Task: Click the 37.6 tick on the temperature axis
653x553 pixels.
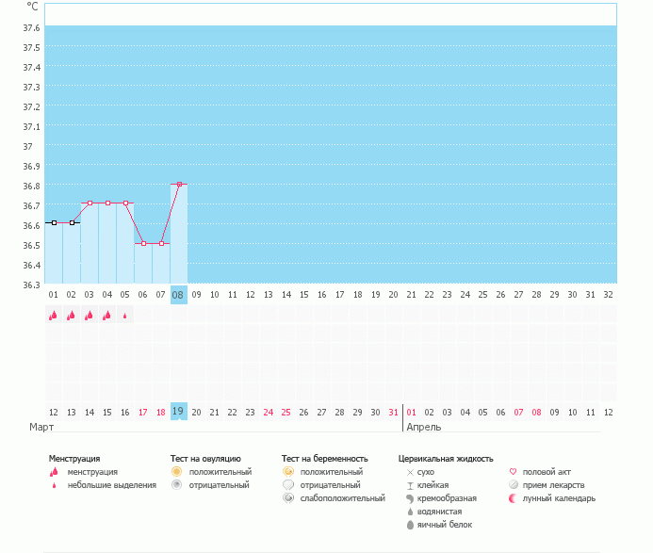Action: click(x=31, y=27)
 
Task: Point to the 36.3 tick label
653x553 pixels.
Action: click(x=31, y=285)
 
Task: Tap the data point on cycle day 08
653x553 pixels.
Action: click(x=179, y=184)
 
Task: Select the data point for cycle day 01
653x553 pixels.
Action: click(x=54, y=222)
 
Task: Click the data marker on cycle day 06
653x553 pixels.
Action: click(x=143, y=243)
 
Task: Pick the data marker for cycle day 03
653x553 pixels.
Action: click(x=90, y=203)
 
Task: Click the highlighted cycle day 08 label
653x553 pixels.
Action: click(x=178, y=295)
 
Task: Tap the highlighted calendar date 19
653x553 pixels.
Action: click(x=178, y=411)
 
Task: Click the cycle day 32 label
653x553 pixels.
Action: click(x=609, y=295)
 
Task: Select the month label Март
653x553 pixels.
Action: click(x=41, y=427)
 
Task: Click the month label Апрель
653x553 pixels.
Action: click(x=422, y=427)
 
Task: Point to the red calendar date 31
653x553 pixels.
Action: click(x=393, y=412)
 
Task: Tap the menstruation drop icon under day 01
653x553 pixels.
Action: click(x=53, y=316)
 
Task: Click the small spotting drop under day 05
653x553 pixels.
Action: click(x=125, y=316)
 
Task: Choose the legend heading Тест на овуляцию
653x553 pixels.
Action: click(x=205, y=458)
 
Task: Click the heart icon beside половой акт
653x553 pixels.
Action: click(x=514, y=471)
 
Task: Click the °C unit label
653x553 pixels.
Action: click(x=32, y=6)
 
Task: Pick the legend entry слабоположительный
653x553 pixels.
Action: click(x=343, y=497)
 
